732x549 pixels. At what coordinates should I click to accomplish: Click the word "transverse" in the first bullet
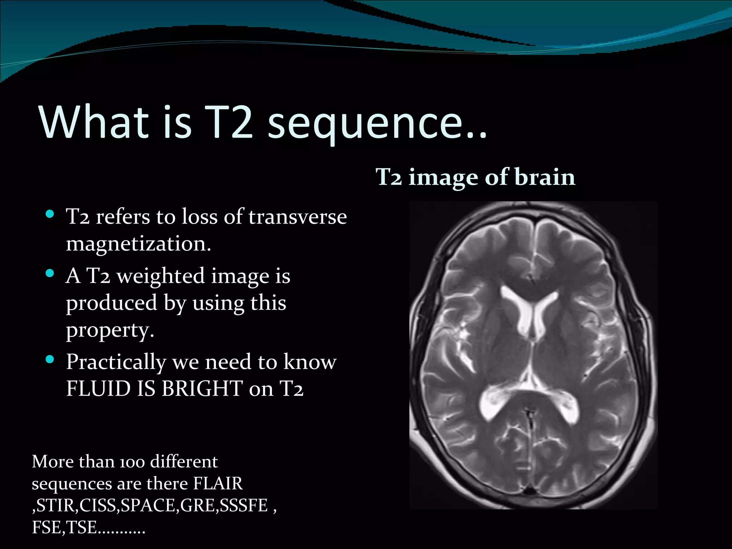tap(297, 217)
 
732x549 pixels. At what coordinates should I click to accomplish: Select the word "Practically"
tap(116, 362)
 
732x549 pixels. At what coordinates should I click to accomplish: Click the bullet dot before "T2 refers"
tap(50, 214)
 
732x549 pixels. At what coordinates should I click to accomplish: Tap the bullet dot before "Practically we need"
tap(50, 359)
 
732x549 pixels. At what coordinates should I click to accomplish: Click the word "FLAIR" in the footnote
tap(218, 484)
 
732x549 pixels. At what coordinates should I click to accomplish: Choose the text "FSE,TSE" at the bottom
tap(64, 527)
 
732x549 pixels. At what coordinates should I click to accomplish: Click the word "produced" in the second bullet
tap(112, 303)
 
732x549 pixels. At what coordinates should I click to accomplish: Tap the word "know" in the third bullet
tap(310, 362)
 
